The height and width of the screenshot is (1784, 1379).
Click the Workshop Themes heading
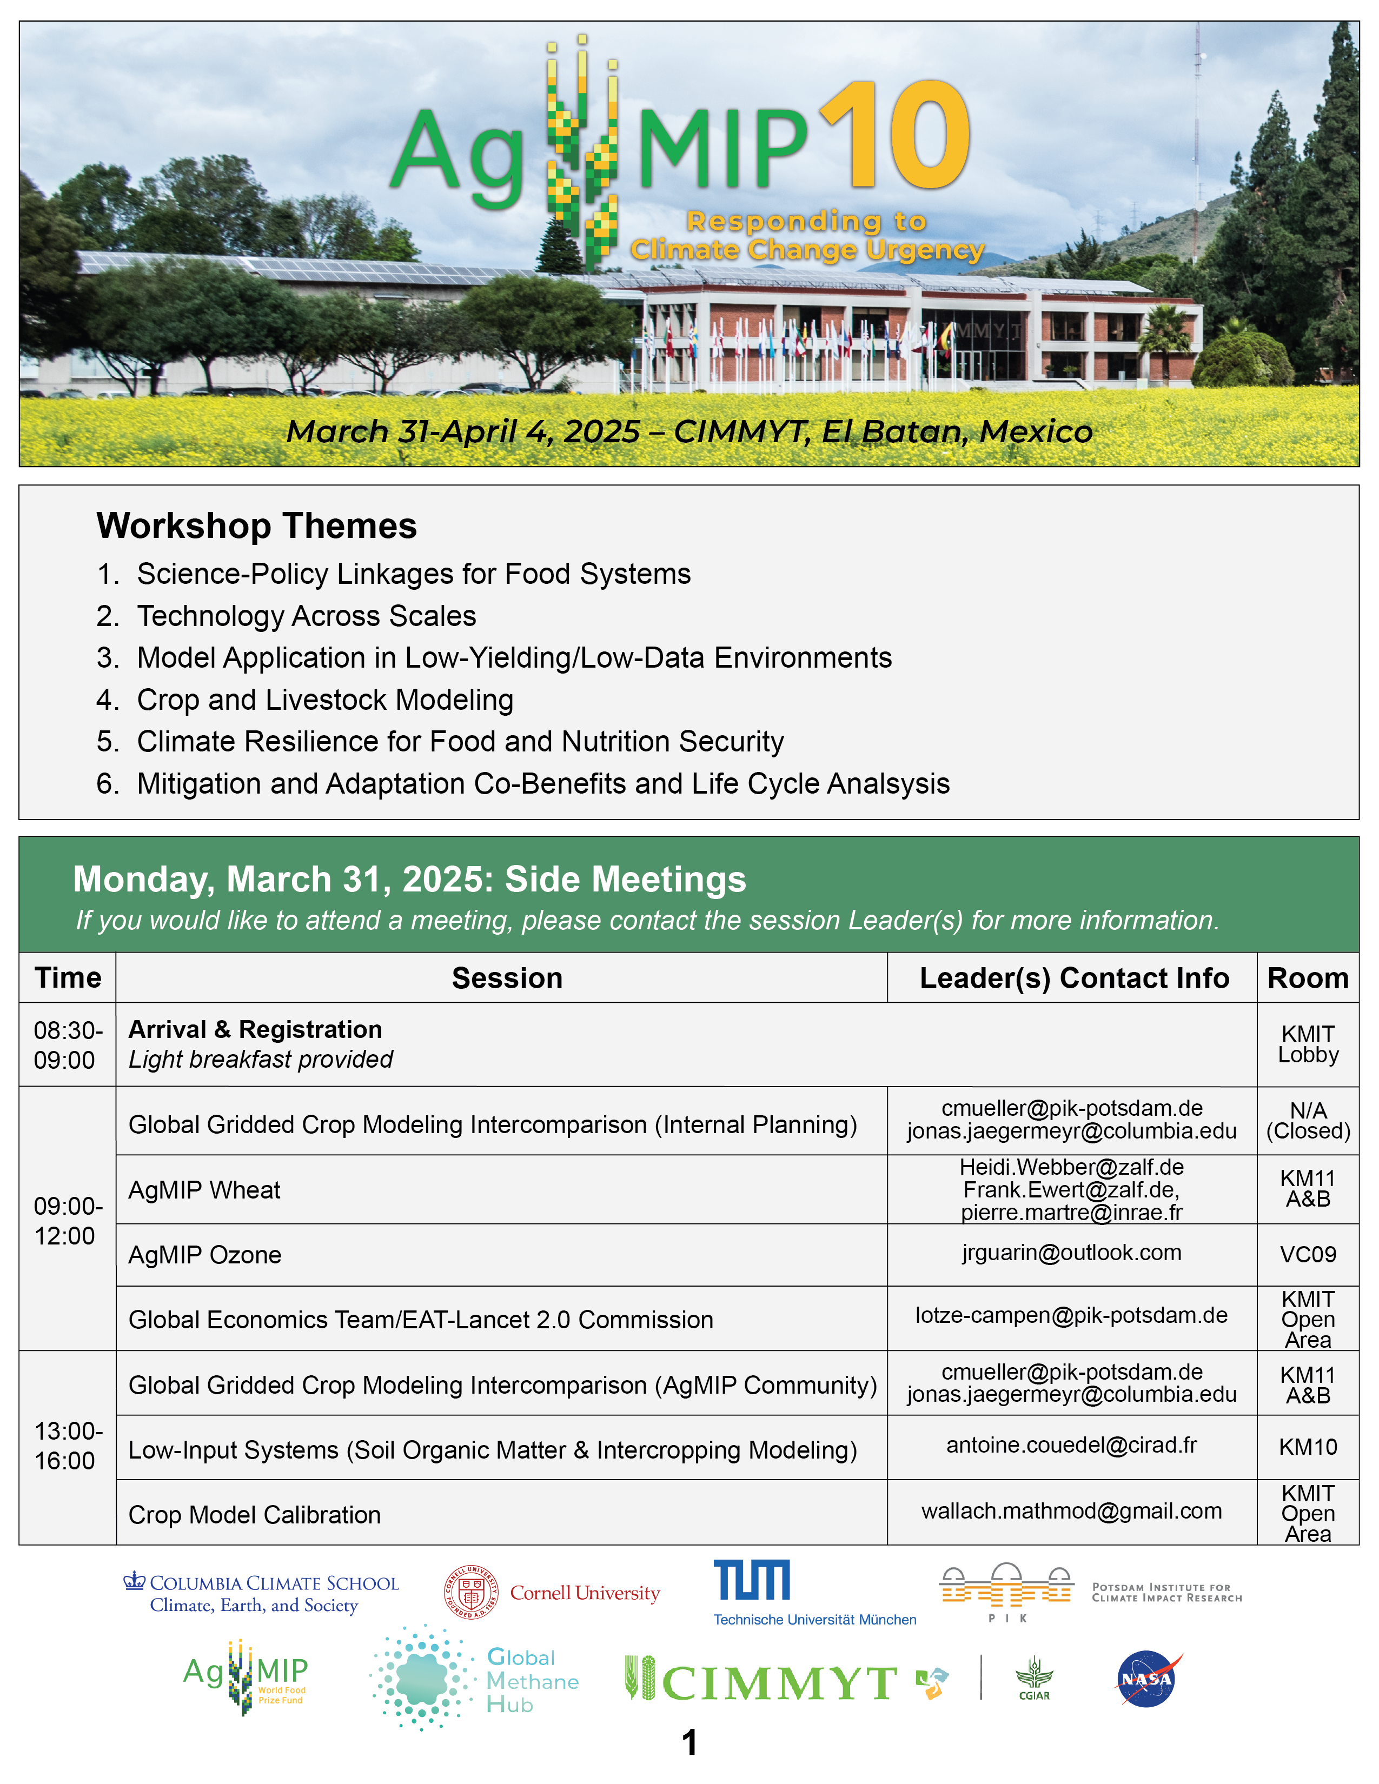pyautogui.click(x=256, y=526)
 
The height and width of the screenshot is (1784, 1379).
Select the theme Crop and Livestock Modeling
pyautogui.click(x=325, y=700)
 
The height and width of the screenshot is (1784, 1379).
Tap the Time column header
pyautogui.click(x=68, y=978)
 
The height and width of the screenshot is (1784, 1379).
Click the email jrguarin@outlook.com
pyautogui.click(x=1071, y=1253)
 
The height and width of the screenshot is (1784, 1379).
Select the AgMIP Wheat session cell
pyautogui.click(x=204, y=1190)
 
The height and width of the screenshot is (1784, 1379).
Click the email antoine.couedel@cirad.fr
pyautogui.click(x=1071, y=1445)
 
